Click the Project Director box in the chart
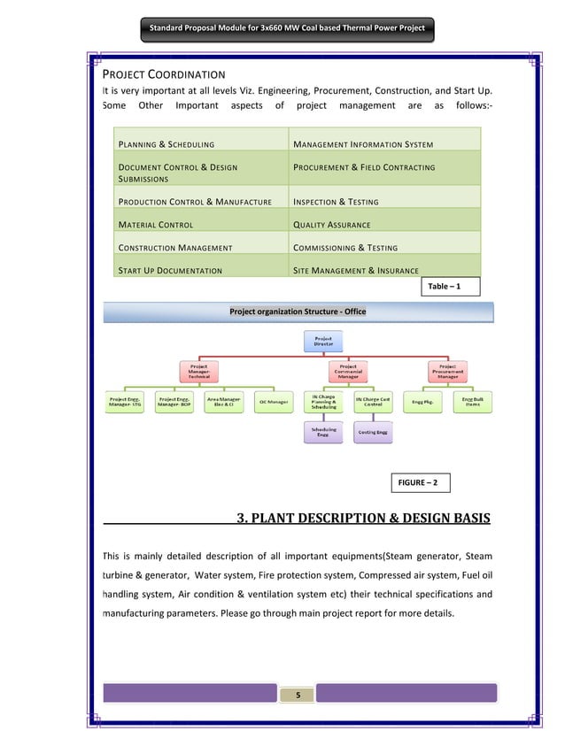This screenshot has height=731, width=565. click(320, 339)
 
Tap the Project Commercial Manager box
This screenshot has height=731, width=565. click(348, 371)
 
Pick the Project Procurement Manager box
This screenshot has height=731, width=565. click(447, 371)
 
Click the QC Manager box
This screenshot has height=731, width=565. click(274, 402)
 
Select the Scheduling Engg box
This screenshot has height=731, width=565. click(323, 433)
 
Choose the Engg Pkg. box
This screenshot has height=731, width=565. click(422, 402)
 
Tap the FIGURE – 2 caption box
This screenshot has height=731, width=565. click(419, 483)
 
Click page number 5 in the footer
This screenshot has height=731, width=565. click(298, 695)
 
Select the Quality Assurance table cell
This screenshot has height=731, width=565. click(331, 225)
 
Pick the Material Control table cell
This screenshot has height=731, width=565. click(156, 225)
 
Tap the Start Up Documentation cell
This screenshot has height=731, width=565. click(169, 270)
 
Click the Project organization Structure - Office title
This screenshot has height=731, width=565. click(298, 312)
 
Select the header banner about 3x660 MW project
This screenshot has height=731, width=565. click(287, 28)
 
